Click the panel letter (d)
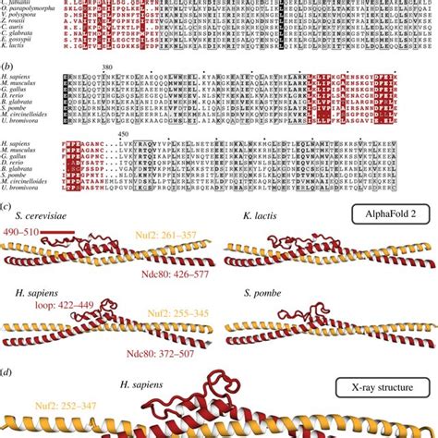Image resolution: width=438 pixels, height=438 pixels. pyautogui.click(x=6, y=371)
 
